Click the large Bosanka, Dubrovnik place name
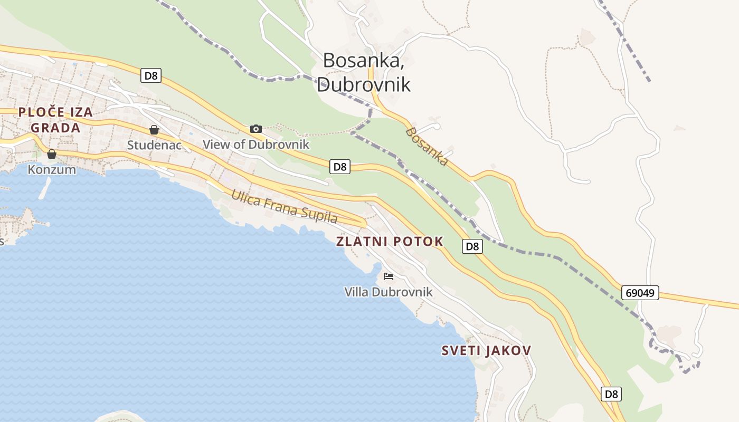pos(364,72)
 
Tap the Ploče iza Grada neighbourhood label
pos(55,120)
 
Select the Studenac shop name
pos(154,145)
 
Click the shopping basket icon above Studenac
pos(154,130)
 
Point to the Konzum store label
pos(52,170)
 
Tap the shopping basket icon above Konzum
pos(52,154)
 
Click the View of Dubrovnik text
pos(256,144)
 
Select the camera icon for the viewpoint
pos(256,129)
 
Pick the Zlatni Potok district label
pos(390,242)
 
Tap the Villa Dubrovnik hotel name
pos(389,292)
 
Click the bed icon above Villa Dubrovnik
pos(389,276)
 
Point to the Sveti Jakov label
pos(486,350)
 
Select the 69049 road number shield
pos(640,293)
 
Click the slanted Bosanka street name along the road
pos(427,146)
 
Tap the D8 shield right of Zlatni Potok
pos(472,246)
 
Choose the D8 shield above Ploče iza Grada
pos(151,75)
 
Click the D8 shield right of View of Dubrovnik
pos(340,167)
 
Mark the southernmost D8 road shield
pos(611,394)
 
